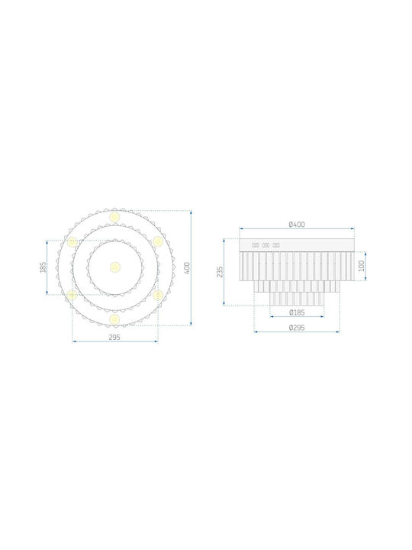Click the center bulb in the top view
[115, 267]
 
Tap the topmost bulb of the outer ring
[114, 216]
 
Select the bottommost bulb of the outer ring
[114, 319]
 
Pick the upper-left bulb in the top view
[72, 241]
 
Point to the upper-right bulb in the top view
[158, 241]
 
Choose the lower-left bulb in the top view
[72, 295]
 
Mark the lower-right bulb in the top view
[158, 295]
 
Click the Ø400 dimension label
[297, 224]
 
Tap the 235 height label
[220, 272]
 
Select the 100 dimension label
[362, 266]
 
